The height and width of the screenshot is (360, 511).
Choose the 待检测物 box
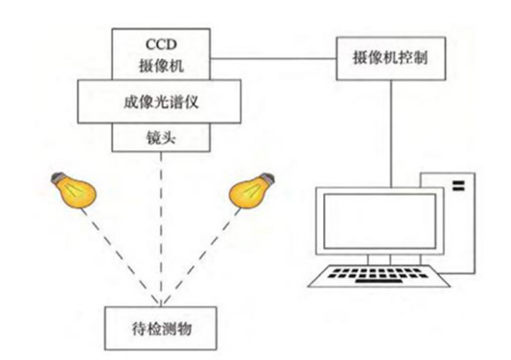click(163, 324)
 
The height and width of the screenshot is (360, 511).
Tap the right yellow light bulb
click(250, 189)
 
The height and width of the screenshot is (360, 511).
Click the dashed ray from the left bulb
click(123, 255)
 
